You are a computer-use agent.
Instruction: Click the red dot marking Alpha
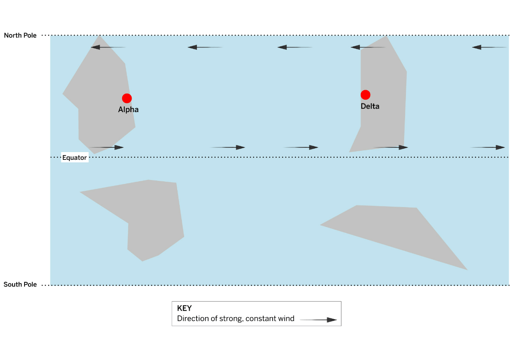(x=126, y=98)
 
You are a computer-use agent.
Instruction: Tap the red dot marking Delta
(x=366, y=95)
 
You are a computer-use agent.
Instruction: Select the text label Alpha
(x=128, y=110)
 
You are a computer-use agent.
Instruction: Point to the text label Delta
(x=370, y=106)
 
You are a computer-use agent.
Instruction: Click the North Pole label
(x=20, y=35)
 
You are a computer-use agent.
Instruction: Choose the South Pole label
(x=20, y=284)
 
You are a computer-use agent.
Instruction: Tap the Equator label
(x=74, y=158)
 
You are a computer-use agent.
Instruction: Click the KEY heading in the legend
(x=184, y=308)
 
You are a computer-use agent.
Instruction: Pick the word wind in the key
(x=286, y=319)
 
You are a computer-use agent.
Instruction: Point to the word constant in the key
(x=261, y=319)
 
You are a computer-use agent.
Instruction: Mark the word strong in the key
(x=230, y=319)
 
